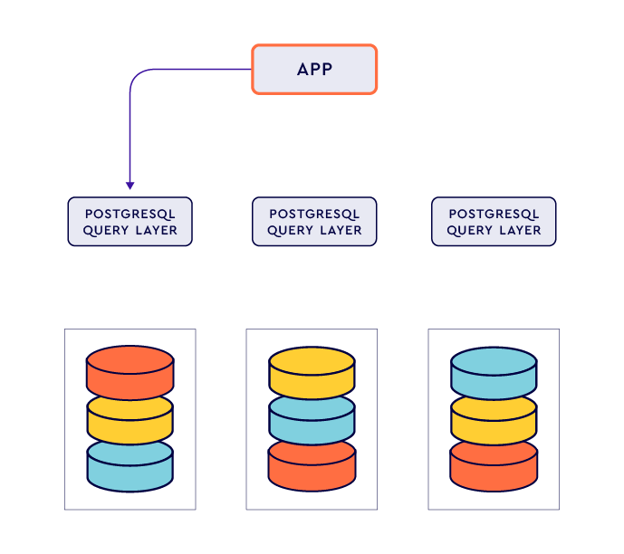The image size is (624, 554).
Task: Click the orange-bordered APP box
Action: [x=313, y=70]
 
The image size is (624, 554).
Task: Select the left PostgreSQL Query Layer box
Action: [x=130, y=222]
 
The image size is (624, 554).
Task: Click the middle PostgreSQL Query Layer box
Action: [x=314, y=222]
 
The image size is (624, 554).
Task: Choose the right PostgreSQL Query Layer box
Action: [x=494, y=222]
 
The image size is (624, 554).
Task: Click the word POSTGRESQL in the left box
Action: [x=130, y=215]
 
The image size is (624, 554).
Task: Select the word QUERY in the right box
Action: [x=468, y=231]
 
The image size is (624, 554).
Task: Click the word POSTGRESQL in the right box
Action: [x=494, y=215]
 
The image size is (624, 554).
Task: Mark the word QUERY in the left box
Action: [x=105, y=231]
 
